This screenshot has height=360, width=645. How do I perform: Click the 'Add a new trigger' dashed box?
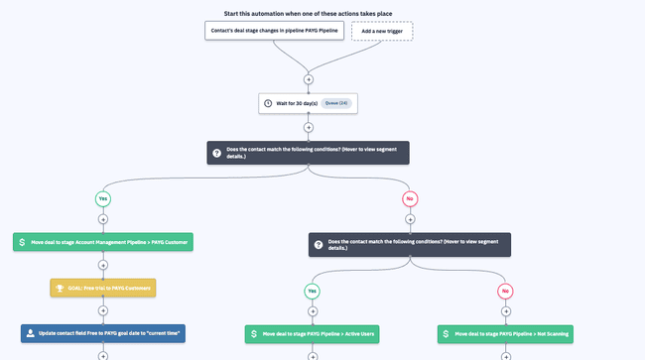pos(382,31)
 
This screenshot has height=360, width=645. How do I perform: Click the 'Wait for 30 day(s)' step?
pos(307,102)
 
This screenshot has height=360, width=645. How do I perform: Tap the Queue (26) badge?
pos(336,102)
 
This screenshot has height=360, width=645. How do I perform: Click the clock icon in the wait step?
pos(268,103)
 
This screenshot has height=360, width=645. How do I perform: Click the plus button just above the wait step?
pos(308,78)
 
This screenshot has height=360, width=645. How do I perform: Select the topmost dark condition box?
pos(308,153)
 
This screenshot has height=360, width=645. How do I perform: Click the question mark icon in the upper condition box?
pos(217,153)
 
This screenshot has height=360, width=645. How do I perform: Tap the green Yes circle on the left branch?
pos(102,199)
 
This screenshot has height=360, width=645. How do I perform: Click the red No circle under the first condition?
pos(410,199)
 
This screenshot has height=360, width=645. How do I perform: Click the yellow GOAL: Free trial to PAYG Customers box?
pos(103,288)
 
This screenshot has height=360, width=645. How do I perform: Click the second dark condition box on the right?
pos(410,243)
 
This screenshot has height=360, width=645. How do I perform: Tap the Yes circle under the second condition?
pos(313,291)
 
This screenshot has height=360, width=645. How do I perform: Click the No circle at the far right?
pos(506,291)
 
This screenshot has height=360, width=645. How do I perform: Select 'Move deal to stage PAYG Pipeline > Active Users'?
pos(313,334)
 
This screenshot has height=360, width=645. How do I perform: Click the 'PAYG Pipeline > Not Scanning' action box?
pos(506,334)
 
